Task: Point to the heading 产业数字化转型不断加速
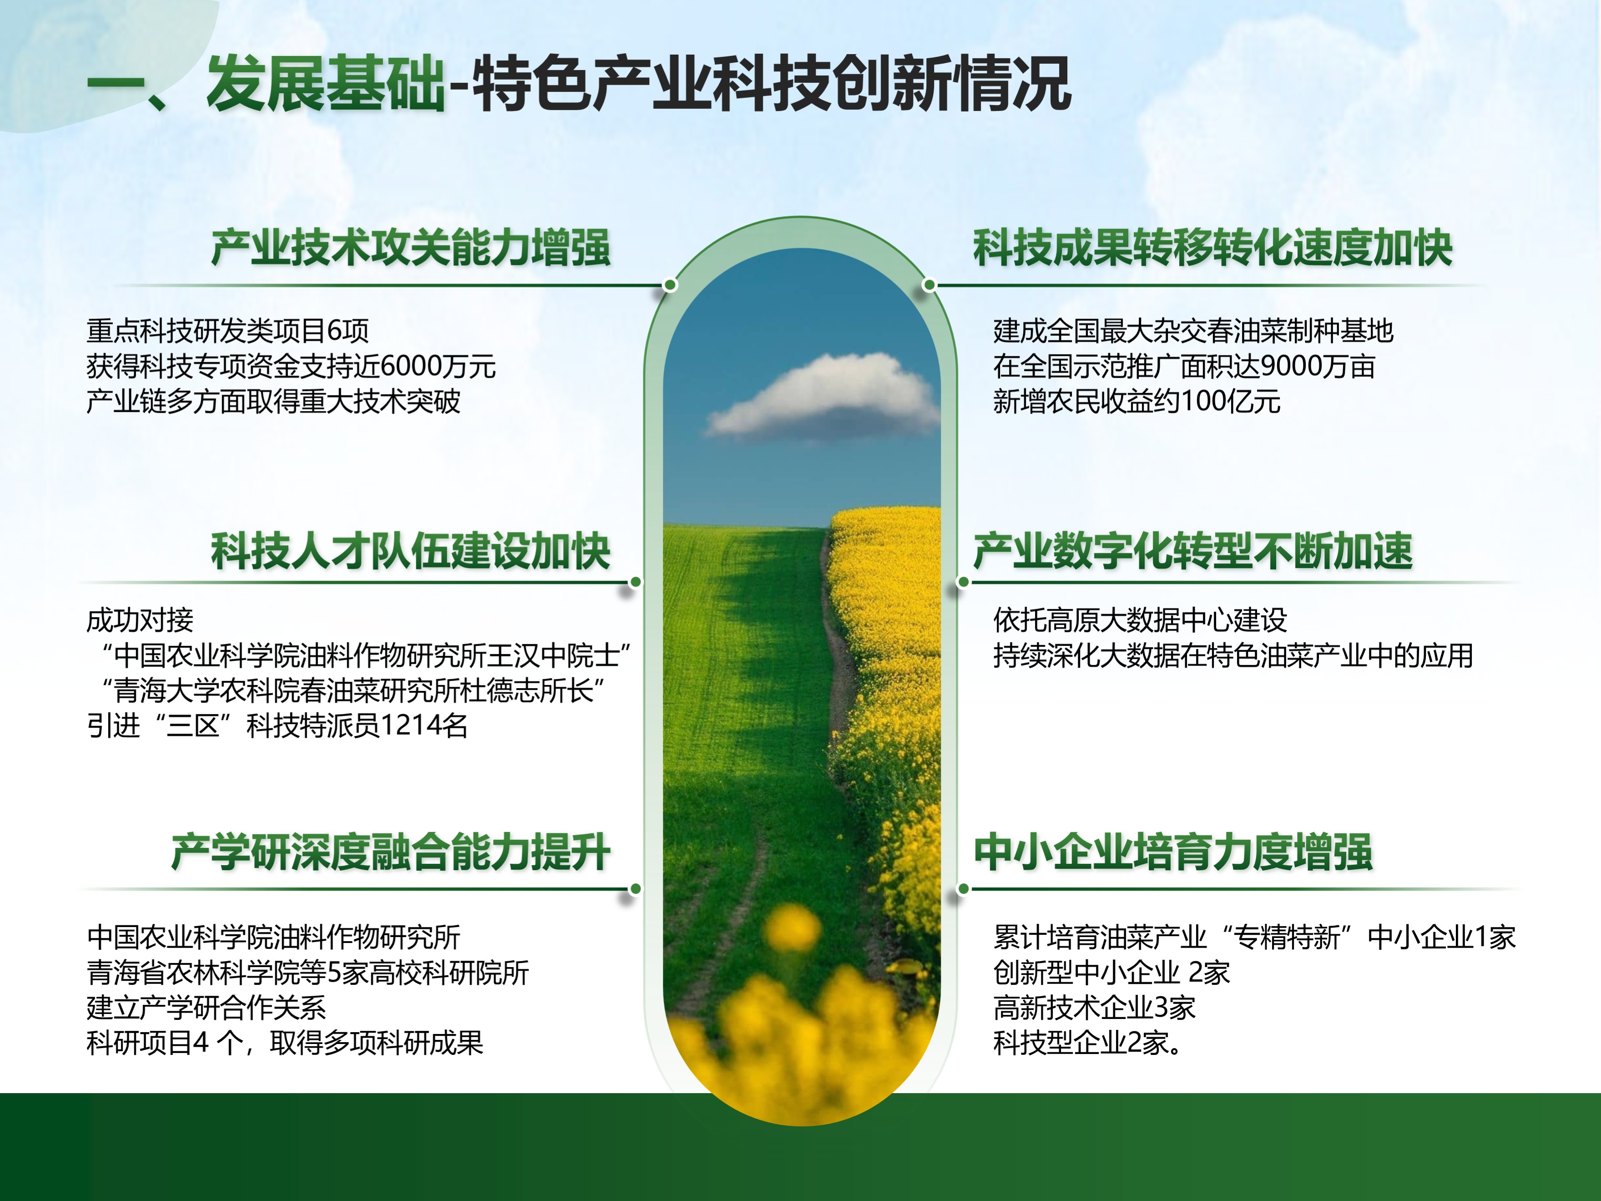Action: [x=1193, y=551]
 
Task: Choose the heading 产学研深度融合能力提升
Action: [x=391, y=852]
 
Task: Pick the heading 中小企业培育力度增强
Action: [x=1173, y=852]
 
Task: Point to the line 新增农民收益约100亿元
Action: [x=1137, y=401]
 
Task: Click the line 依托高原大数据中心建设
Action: [x=1140, y=620]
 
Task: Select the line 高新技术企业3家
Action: [x=1094, y=1007]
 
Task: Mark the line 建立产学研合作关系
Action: [x=206, y=1007]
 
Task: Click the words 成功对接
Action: [x=140, y=620]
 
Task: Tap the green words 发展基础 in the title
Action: [x=326, y=84]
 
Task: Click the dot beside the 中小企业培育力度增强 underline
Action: [x=963, y=889]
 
